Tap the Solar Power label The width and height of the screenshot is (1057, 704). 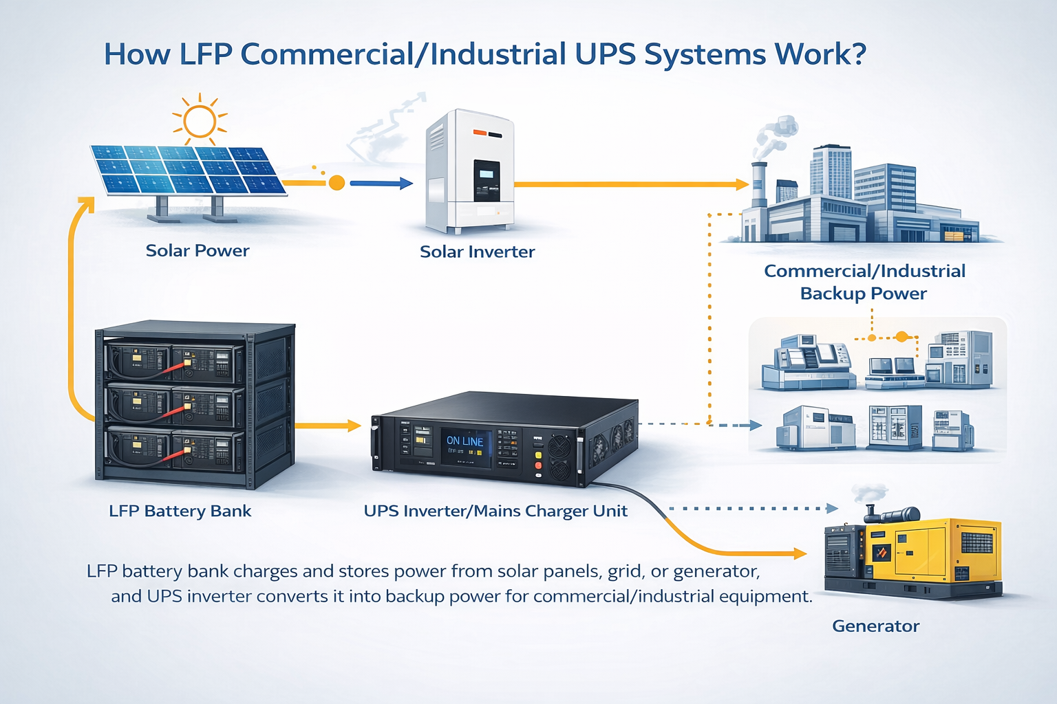point(197,250)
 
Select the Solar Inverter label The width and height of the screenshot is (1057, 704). point(477,252)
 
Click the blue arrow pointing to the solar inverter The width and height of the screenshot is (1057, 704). point(382,184)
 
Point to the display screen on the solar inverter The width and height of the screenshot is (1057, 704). point(487,180)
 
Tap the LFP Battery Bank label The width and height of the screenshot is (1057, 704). point(180,511)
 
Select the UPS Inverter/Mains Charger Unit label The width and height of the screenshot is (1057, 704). point(495,511)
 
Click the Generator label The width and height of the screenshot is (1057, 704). point(875,626)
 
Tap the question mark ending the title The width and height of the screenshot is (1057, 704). point(858,54)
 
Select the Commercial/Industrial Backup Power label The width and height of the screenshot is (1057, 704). point(864,282)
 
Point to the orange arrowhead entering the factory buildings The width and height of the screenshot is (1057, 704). point(742,184)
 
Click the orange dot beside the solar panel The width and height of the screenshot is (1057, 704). point(337,183)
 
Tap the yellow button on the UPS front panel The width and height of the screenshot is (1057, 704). point(538,455)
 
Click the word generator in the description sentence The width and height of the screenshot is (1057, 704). point(716,571)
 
